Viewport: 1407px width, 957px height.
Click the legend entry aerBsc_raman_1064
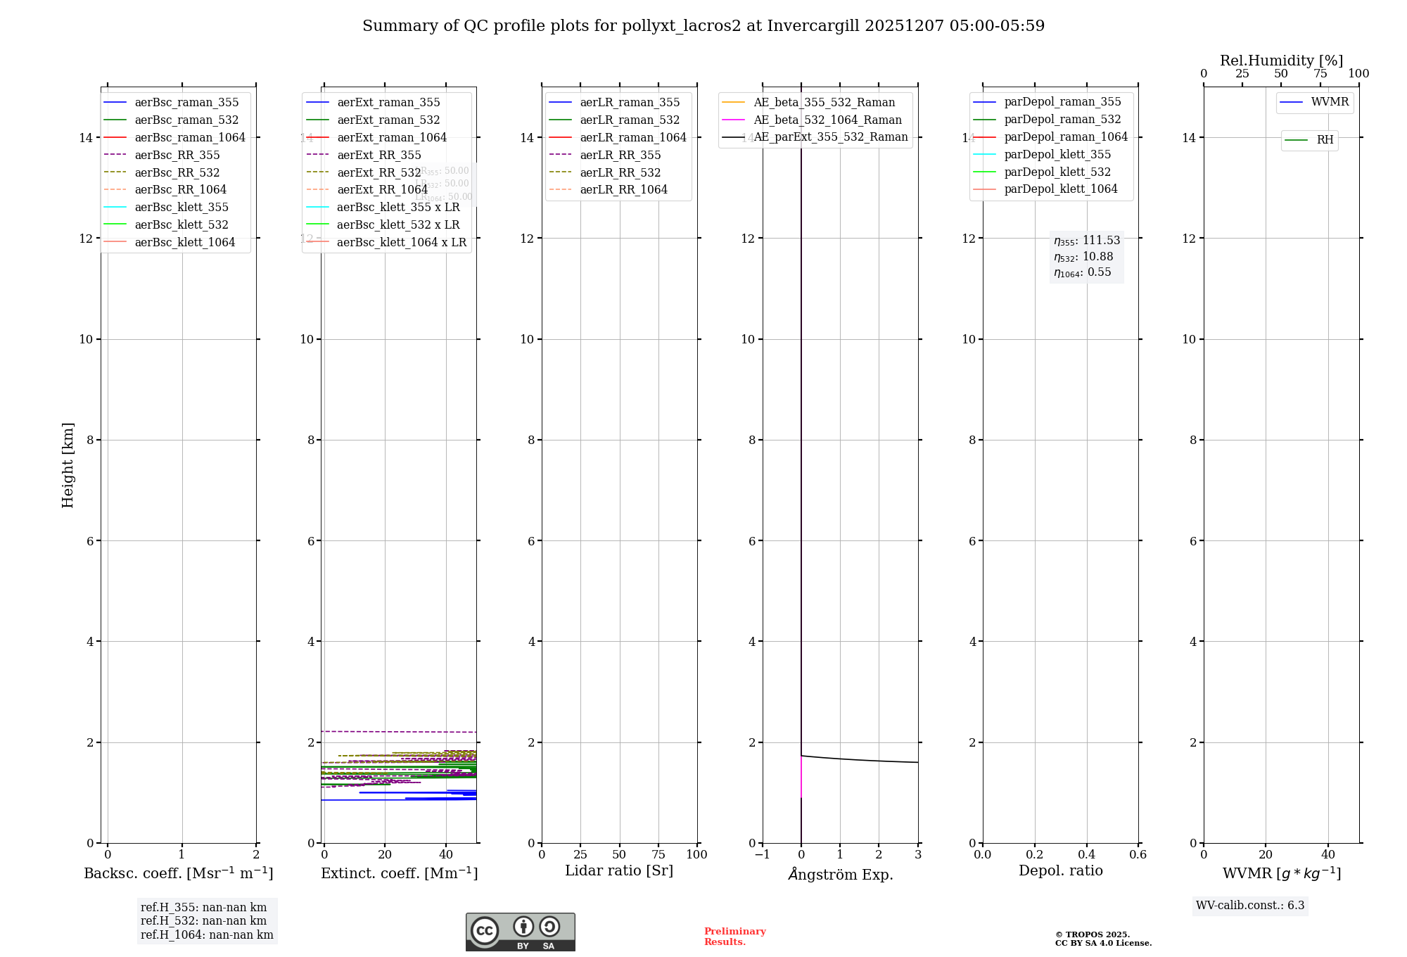pos(190,137)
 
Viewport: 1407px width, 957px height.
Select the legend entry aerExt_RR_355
pos(378,155)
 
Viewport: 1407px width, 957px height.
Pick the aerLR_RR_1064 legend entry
pos(623,189)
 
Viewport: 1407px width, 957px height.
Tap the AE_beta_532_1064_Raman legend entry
pos(827,120)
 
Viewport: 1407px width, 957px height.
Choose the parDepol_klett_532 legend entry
pos(1057,172)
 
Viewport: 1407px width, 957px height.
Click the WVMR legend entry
pos(1330,102)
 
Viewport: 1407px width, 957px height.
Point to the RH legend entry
pos(1325,140)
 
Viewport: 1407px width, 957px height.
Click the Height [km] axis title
pos(68,465)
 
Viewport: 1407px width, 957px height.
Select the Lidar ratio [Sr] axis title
pos(619,870)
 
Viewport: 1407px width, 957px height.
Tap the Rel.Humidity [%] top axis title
pos(1281,61)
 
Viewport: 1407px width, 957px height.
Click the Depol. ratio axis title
pos(1060,870)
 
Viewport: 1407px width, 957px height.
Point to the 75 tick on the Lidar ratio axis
pos(658,854)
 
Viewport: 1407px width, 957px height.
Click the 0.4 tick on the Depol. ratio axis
pos(1086,854)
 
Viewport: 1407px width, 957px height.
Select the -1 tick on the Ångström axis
pos(762,854)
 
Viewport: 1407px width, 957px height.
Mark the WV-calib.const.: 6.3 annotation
pos(1250,905)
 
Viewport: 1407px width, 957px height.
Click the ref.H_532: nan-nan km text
pos(203,920)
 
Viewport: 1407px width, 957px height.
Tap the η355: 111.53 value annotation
pos(1086,241)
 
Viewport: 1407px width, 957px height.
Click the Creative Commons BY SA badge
pos(520,932)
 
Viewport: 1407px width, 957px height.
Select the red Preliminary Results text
pos(734,937)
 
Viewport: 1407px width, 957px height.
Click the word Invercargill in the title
pos(813,26)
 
